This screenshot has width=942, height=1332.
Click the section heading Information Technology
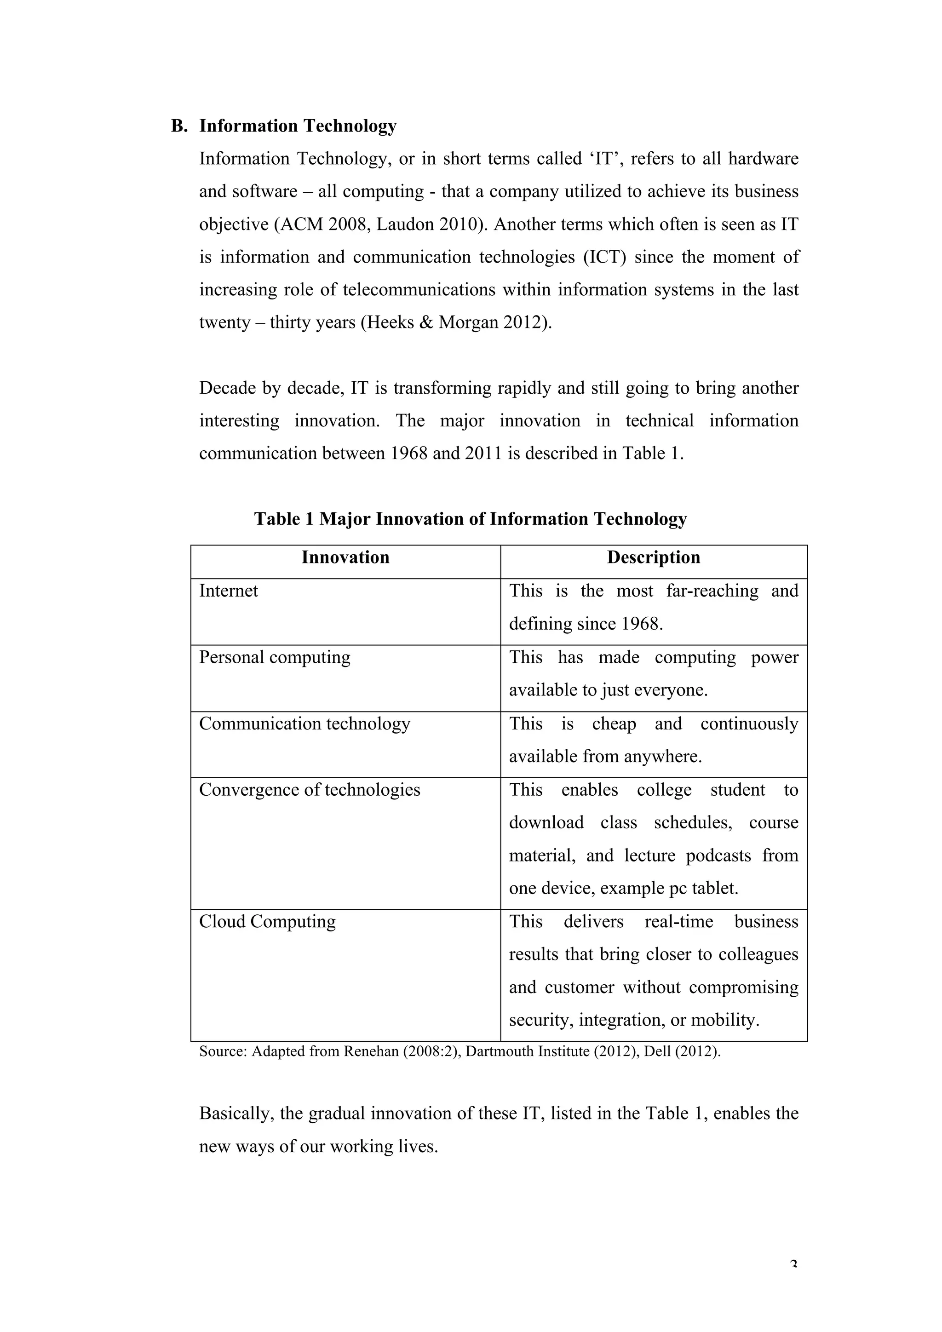click(x=298, y=126)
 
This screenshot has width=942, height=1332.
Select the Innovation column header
click(x=345, y=557)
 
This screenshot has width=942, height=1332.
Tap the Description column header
click(x=653, y=557)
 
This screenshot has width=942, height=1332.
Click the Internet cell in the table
click(x=229, y=591)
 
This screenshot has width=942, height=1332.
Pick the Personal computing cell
click(x=275, y=657)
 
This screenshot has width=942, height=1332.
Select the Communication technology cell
click(x=304, y=723)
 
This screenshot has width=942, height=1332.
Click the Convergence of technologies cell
click(x=309, y=790)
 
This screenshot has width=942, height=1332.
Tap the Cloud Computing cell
click(x=267, y=921)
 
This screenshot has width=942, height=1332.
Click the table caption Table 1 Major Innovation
click(x=470, y=519)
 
